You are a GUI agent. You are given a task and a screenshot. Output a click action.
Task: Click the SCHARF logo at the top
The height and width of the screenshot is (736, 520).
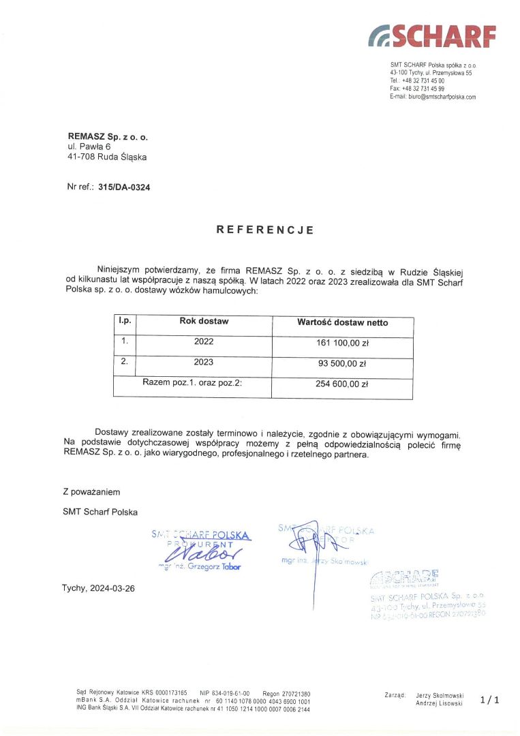(x=432, y=35)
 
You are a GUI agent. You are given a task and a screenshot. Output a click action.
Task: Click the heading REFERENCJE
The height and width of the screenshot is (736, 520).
(x=265, y=230)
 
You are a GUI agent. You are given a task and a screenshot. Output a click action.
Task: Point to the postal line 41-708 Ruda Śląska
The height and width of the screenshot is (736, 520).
(x=106, y=157)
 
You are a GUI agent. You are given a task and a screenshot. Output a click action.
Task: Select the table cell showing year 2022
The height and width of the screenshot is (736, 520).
(x=204, y=342)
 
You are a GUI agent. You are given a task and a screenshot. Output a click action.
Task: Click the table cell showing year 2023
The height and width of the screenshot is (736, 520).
(x=204, y=362)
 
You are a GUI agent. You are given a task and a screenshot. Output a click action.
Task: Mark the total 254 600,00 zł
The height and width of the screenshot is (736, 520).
(x=342, y=384)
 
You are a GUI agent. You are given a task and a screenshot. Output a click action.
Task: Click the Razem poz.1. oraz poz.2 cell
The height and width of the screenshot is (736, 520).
(x=192, y=382)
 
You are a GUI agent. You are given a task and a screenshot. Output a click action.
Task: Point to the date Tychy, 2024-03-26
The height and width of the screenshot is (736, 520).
(x=98, y=588)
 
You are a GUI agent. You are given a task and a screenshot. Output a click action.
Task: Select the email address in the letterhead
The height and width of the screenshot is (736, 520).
(x=433, y=97)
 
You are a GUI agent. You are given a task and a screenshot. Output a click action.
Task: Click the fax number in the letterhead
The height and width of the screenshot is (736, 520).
(x=417, y=89)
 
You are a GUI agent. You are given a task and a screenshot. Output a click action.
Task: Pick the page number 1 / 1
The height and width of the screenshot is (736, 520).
(x=489, y=699)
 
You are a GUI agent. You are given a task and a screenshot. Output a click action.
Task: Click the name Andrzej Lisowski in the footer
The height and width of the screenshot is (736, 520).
(x=439, y=703)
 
